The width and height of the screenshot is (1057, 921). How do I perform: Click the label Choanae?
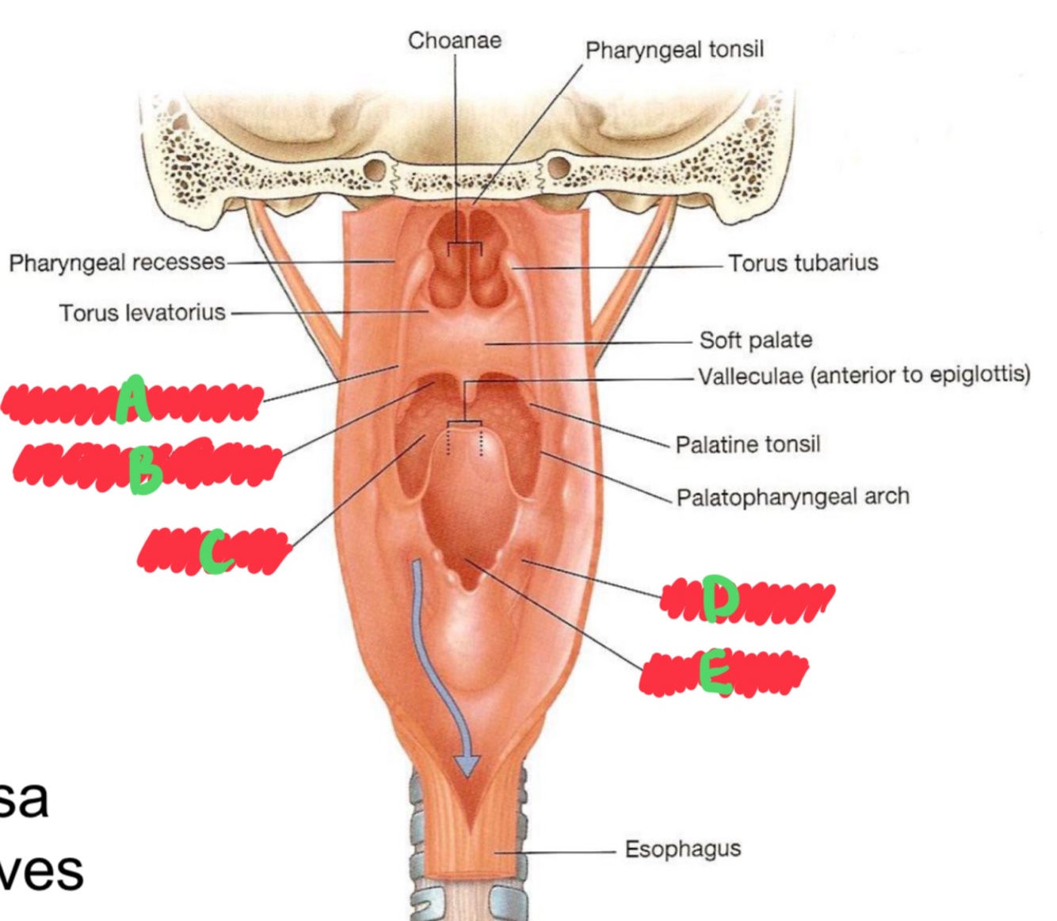(454, 40)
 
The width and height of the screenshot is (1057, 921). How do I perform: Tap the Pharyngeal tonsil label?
(674, 50)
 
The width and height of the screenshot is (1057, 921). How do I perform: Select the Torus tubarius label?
(803, 262)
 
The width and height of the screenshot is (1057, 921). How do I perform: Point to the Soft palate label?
(755, 340)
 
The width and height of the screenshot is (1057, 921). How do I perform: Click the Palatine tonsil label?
(747, 444)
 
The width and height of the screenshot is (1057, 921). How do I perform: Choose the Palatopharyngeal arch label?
(792, 497)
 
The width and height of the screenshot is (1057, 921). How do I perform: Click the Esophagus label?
(682, 849)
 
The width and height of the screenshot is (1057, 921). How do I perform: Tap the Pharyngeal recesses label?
(116, 262)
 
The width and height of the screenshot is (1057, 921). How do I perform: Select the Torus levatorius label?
(142, 312)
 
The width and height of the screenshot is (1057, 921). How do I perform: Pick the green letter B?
(145, 469)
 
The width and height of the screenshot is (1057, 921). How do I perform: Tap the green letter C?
(216, 552)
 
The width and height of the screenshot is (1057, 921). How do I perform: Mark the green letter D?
(719, 598)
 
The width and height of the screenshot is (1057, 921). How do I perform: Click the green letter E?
(715, 672)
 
